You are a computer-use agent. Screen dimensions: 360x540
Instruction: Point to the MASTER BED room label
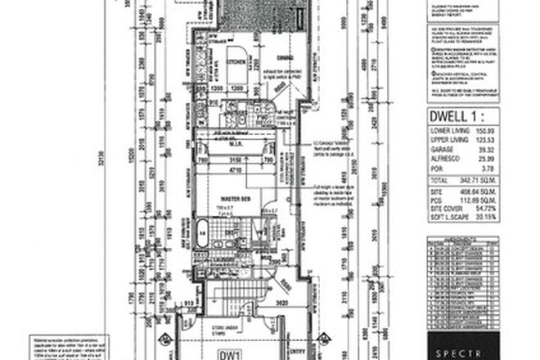[x=236, y=199]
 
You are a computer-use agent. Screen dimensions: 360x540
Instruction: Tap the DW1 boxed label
[x=229, y=354]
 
